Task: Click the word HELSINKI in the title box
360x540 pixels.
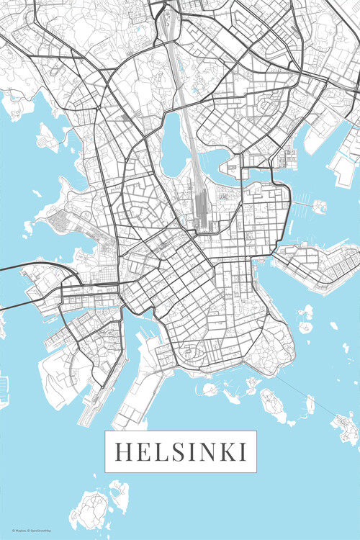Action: click(181, 451)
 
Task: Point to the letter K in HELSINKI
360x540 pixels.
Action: click(228, 451)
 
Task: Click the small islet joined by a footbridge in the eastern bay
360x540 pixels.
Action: click(319, 207)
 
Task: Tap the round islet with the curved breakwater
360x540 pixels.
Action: click(210, 390)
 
